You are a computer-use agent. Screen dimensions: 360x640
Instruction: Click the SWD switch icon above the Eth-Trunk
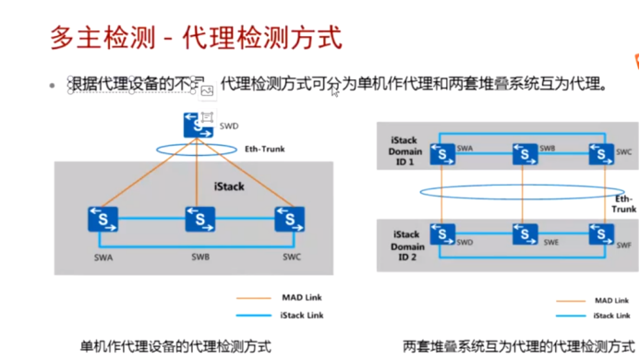[x=198, y=125]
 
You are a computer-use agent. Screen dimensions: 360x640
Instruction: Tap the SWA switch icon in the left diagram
[x=103, y=221]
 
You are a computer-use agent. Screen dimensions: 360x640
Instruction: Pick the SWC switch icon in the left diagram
[x=290, y=221]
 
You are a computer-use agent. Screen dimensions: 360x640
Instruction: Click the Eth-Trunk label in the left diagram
[x=263, y=148]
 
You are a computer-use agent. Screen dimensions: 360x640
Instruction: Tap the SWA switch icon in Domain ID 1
[x=443, y=151]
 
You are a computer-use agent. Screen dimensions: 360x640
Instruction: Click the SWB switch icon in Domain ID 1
[x=525, y=151]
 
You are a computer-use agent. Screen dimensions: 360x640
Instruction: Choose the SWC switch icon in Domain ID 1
[x=601, y=152]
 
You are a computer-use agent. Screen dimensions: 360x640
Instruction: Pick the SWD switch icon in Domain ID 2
[x=443, y=235]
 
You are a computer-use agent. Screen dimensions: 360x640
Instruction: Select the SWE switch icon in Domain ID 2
[x=525, y=235]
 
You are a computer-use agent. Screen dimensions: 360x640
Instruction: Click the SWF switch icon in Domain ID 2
[x=601, y=235]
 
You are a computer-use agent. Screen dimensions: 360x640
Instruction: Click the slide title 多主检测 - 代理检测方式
[x=195, y=38]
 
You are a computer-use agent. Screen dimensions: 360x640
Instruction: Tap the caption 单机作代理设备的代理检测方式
[x=175, y=347]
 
